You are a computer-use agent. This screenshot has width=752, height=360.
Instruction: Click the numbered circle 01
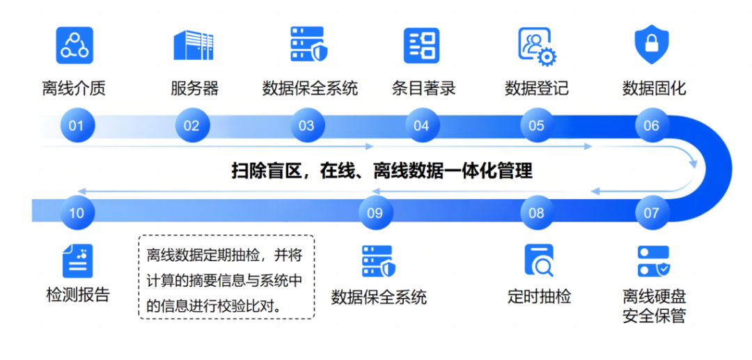tap(77, 126)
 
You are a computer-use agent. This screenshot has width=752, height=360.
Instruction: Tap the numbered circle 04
tap(421, 126)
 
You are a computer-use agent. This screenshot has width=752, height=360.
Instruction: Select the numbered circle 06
tap(651, 126)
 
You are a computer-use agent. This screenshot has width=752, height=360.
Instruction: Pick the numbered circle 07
tap(651, 212)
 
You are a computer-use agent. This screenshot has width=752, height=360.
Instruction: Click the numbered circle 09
tap(375, 212)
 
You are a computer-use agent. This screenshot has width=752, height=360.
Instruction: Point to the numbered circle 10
tap(77, 212)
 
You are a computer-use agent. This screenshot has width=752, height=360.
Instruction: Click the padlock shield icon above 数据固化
tap(652, 45)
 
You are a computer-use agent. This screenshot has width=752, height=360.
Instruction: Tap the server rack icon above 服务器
tap(194, 45)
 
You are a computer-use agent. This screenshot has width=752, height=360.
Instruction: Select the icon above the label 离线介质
tap(75, 45)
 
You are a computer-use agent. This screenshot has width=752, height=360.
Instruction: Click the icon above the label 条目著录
tap(422, 45)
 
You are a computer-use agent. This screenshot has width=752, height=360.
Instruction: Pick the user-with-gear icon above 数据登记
tap(536, 45)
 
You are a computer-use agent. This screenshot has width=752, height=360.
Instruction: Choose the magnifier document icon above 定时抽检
tap(538, 261)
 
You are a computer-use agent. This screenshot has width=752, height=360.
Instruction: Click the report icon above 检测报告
tap(77, 261)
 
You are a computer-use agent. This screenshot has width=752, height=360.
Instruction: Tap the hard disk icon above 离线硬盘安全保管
tap(654, 261)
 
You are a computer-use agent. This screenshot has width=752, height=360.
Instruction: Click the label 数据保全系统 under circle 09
tap(379, 297)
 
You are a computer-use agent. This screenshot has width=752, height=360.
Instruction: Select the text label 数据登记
tap(536, 88)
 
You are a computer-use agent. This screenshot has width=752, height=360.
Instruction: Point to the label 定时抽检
tap(539, 296)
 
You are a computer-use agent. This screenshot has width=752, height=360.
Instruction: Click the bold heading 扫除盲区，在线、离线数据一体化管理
tap(382, 171)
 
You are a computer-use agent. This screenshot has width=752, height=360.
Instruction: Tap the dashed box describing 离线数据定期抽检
tap(226, 276)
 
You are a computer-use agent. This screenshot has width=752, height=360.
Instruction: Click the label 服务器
tap(194, 88)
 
